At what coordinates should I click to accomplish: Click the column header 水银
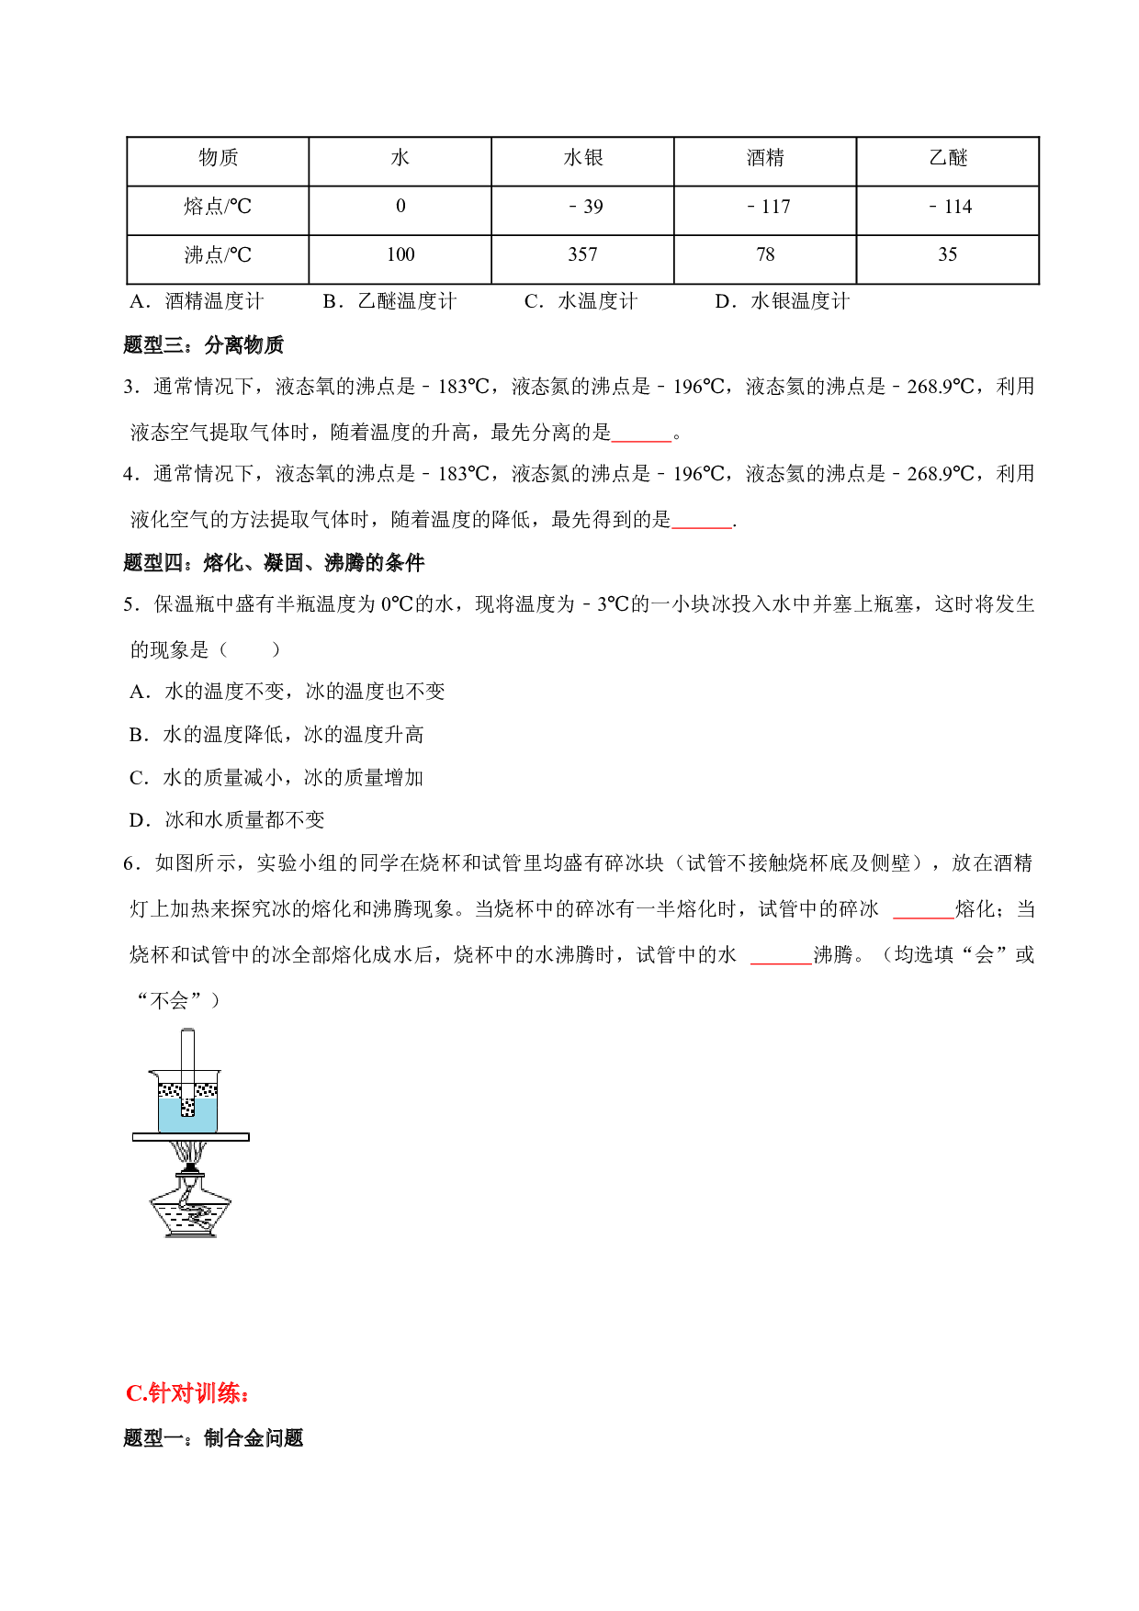coord(583,158)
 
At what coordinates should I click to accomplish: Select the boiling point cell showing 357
coord(582,254)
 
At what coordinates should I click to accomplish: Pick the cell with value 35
coord(948,254)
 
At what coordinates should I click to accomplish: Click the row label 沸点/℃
coord(218,255)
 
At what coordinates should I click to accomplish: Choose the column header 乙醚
coord(948,158)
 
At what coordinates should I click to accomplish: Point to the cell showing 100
coord(400,254)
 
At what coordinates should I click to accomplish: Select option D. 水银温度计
coord(783,301)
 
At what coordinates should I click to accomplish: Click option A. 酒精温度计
coord(197,301)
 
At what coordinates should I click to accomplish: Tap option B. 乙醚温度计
coord(389,301)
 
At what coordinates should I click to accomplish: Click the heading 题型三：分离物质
coord(204,345)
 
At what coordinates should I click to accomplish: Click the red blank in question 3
coord(642,440)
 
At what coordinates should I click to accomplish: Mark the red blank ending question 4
coord(702,527)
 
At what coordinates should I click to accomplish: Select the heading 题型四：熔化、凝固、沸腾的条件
coord(274,562)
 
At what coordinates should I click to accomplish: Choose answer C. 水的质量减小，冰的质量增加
coord(276,778)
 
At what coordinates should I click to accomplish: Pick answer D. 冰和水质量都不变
coord(227,820)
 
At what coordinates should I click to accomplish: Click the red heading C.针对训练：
coord(188,1393)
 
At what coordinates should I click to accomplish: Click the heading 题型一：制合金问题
coord(213,1438)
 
